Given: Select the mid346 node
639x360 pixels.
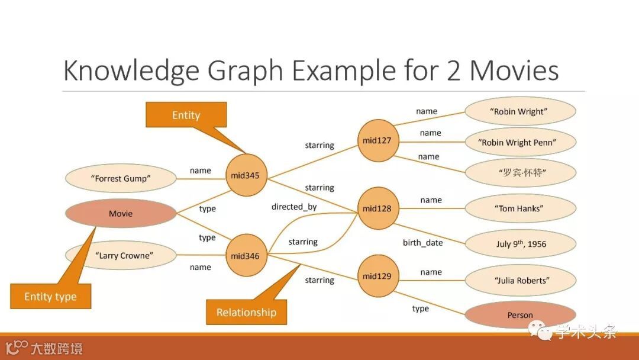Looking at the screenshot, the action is click(246, 256).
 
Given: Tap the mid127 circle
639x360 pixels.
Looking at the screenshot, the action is click(377, 141).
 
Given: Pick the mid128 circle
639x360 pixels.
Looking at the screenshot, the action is click(377, 208).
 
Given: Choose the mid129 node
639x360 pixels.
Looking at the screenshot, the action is click(377, 276).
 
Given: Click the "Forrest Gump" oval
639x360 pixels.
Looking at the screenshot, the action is click(121, 178).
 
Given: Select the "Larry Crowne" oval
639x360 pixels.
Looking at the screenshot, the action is click(121, 256).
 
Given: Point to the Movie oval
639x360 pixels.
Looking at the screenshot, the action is click(121, 213).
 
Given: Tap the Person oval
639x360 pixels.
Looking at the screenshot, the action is click(520, 315).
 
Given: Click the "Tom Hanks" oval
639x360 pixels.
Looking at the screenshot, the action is click(520, 208).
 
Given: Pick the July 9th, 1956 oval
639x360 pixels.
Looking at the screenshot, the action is click(520, 244).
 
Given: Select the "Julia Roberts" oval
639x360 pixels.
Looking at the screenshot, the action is click(520, 280).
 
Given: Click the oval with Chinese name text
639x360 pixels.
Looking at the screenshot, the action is click(520, 173).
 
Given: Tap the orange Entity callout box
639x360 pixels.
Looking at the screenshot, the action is click(186, 115).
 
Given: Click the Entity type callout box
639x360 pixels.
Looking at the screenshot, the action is click(50, 296).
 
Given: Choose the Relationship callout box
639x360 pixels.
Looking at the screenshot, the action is click(246, 312).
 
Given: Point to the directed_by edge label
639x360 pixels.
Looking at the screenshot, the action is click(294, 207).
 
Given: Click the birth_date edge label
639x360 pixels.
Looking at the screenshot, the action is click(422, 243).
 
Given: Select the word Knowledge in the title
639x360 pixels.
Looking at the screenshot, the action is click(131, 70).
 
